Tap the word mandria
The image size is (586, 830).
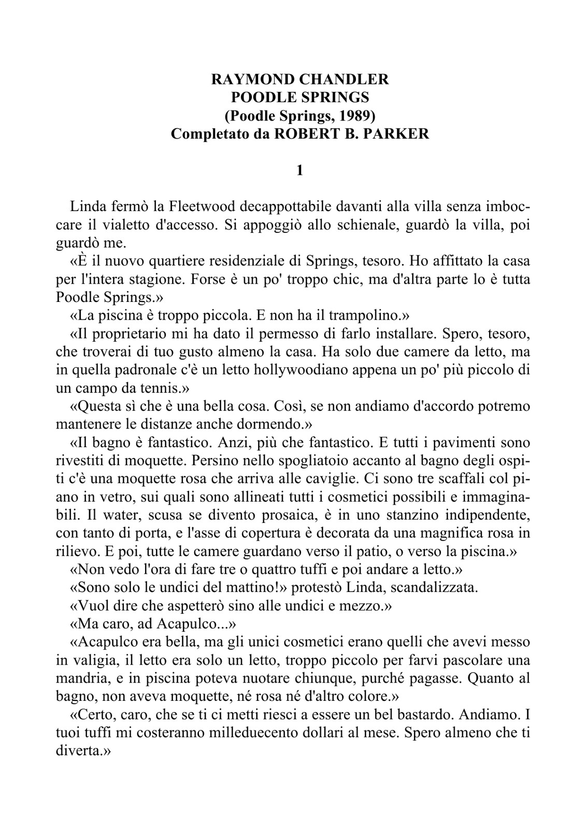coord(77,678)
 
